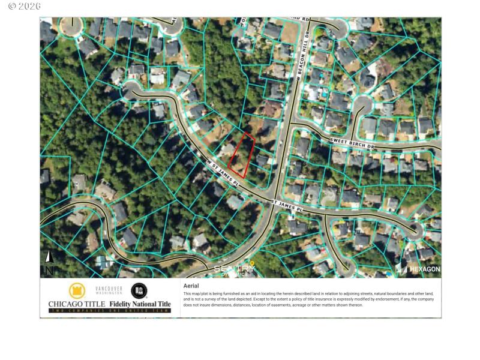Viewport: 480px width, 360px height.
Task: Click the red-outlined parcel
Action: click(x=242, y=155)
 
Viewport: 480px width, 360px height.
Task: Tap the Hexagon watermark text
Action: click(x=424, y=269)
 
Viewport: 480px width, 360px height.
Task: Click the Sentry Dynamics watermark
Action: click(x=235, y=269)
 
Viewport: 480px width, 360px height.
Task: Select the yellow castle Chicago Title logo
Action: click(x=77, y=291)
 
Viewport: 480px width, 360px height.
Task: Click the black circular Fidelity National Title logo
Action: click(x=139, y=291)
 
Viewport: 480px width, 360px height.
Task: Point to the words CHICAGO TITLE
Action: click(x=73, y=304)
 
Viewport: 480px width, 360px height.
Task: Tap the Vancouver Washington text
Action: click(x=109, y=291)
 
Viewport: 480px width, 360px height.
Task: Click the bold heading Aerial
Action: click(x=190, y=286)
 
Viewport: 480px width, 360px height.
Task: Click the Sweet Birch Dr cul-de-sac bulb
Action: click(x=360, y=108)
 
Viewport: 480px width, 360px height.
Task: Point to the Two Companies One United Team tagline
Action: click(x=110, y=311)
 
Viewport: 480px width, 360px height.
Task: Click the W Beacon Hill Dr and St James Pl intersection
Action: click(x=280, y=201)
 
